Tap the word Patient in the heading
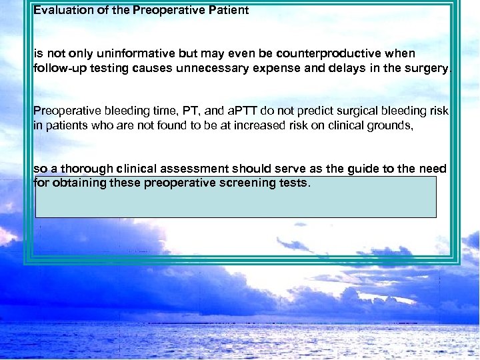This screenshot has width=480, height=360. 225,10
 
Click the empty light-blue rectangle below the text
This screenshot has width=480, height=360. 235,203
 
